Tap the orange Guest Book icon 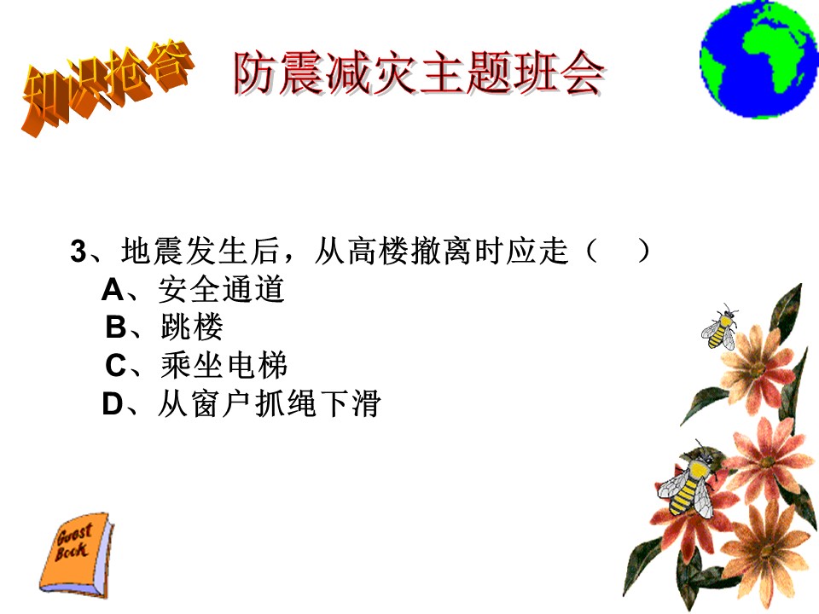click(77, 554)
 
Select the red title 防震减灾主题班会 click(419, 73)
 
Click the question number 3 click(78, 251)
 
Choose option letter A click(113, 290)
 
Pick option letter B click(115, 327)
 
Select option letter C click(115, 366)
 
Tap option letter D click(113, 403)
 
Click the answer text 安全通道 click(222, 289)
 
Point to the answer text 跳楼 click(192, 327)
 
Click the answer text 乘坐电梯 click(224, 366)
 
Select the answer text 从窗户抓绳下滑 click(269, 403)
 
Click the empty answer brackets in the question click(618, 251)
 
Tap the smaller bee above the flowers click(720, 327)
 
